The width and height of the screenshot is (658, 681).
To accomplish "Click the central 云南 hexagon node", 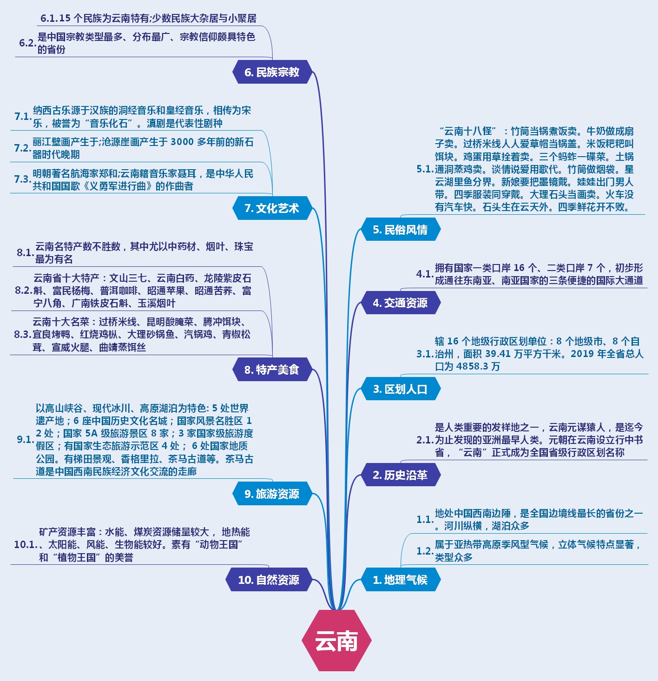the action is (336, 641).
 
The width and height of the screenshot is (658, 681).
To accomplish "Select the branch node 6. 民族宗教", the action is (272, 72).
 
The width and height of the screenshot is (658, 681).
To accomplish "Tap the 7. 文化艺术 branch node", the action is (272, 208).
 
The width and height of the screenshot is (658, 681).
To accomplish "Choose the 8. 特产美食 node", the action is (272, 370).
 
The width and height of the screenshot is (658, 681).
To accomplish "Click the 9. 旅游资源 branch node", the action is (272, 494).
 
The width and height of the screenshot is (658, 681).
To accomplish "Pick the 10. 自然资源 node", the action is (269, 580).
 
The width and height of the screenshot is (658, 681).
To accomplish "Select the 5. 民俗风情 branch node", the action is (400, 230).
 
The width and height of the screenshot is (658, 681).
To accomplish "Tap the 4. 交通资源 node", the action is (400, 303).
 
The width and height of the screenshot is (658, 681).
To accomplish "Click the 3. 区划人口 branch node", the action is (400, 389).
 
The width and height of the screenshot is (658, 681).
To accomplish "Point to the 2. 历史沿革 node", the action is (400, 475).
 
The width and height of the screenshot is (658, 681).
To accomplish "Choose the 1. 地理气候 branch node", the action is (400, 580).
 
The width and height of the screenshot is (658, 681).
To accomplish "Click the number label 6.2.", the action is (27, 43).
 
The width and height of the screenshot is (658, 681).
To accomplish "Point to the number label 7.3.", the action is (22, 179).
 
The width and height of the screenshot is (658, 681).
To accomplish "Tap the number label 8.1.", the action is (25, 252).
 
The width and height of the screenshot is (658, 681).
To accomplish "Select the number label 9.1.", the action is (25, 439).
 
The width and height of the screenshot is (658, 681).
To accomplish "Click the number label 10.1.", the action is (26, 544).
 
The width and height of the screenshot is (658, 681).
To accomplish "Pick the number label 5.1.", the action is (425, 169).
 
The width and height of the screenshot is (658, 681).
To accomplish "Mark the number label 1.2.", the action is (425, 551).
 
